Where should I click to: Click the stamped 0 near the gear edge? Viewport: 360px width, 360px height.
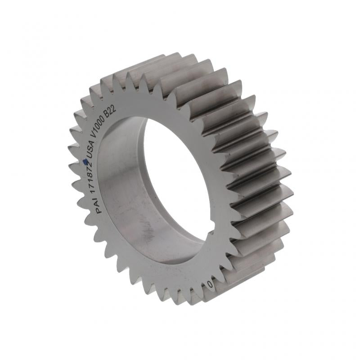[210, 284]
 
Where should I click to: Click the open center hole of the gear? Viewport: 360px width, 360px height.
[175, 180]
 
